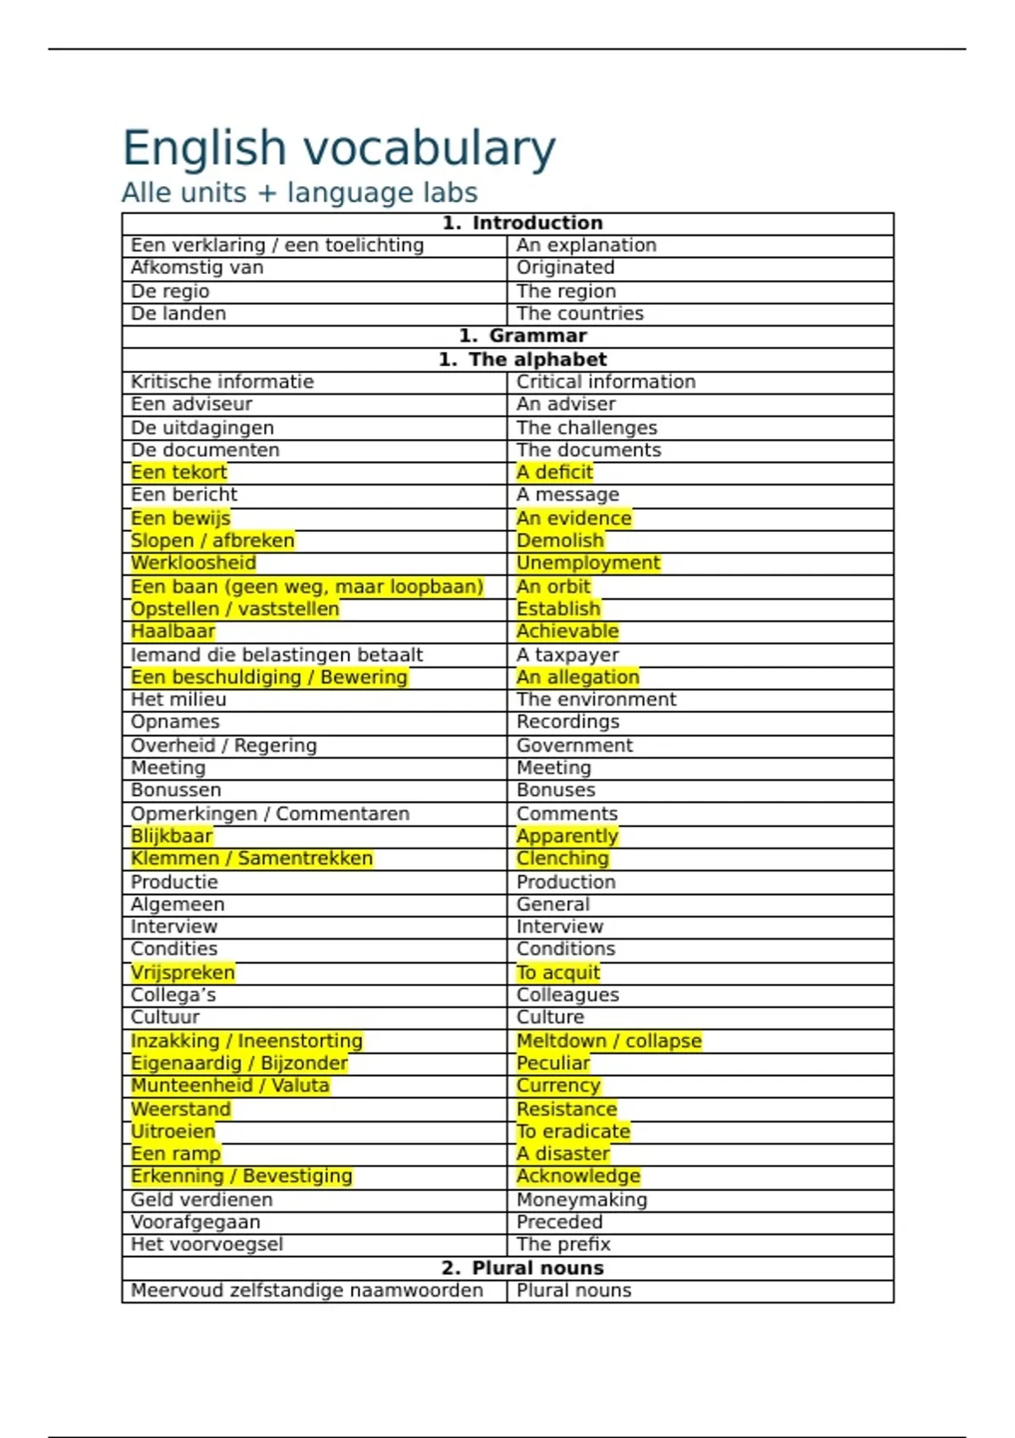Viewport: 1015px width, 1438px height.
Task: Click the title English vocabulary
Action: (338, 148)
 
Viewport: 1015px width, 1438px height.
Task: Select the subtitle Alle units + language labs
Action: (299, 193)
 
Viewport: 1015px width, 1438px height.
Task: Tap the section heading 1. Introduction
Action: (522, 222)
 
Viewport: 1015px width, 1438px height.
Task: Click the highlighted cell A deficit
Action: (555, 472)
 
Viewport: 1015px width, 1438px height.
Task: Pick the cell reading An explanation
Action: (586, 245)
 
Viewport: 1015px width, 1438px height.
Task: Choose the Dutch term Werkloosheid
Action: (193, 563)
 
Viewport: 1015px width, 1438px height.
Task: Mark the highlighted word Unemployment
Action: (588, 563)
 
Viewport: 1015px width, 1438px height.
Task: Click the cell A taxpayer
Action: (568, 655)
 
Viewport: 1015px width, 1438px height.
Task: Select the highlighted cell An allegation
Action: (578, 678)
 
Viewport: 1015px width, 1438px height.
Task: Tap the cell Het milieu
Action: (178, 700)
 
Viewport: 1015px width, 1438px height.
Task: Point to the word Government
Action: (574, 745)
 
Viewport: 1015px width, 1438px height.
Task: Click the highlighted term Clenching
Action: (562, 859)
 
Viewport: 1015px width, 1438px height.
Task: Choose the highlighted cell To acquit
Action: (558, 973)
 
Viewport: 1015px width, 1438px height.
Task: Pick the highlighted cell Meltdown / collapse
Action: (609, 1041)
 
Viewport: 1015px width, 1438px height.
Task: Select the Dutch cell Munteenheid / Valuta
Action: (230, 1086)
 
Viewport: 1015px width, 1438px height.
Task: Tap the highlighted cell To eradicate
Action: (573, 1132)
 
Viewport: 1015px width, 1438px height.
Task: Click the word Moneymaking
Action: (582, 1199)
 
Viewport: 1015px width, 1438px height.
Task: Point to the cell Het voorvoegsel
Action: (206, 1244)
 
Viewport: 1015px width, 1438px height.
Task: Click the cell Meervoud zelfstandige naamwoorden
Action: (306, 1291)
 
